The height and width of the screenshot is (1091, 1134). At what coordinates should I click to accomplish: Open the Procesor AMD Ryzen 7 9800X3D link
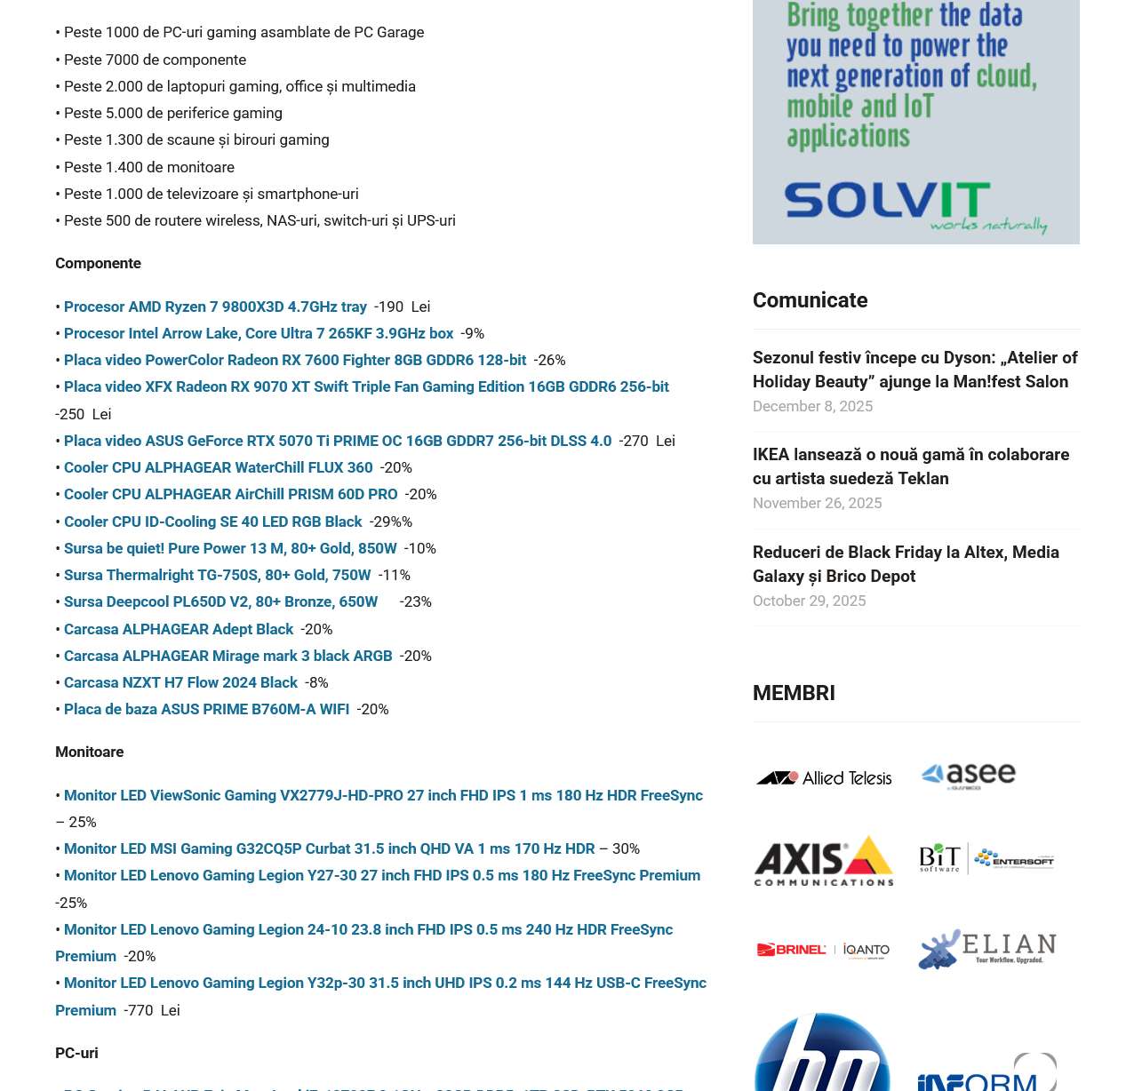(215, 307)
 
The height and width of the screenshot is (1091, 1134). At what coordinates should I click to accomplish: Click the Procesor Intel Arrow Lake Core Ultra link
(258, 333)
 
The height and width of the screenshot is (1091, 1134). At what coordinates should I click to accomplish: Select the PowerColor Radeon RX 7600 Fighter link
(294, 360)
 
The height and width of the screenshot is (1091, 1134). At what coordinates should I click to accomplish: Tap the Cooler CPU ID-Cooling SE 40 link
(212, 522)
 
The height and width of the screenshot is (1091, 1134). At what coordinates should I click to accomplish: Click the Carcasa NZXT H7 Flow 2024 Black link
(180, 682)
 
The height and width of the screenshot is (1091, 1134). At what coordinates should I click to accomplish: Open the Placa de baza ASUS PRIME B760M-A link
(206, 709)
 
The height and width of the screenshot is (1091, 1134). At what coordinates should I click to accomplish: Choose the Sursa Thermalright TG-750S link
(217, 575)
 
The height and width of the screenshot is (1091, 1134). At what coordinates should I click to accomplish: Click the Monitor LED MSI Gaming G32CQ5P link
(329, 848)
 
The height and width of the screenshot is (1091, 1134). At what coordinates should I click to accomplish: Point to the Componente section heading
(98, 263)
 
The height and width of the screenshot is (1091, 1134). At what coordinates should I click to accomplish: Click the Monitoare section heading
(89, 752)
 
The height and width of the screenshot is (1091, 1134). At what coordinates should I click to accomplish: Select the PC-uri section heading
(76, 1053)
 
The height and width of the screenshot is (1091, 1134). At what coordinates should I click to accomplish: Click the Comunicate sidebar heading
(810, 300)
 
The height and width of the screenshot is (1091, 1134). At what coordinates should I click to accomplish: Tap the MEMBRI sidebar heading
(794, 693)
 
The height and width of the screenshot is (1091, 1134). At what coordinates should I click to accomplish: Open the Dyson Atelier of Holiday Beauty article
(914, 370)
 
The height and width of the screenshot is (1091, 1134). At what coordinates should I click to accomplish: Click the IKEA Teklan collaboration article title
(910, 466)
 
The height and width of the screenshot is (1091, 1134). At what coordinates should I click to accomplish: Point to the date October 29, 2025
(809, 601)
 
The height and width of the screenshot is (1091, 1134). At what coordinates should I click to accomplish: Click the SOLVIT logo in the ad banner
(887, 201)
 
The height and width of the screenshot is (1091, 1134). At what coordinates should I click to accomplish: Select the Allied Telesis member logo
(824, 777)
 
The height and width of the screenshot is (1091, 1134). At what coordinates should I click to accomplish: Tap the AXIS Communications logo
(824, 860)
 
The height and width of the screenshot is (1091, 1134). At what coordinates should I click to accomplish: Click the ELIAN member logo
(986, 949)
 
